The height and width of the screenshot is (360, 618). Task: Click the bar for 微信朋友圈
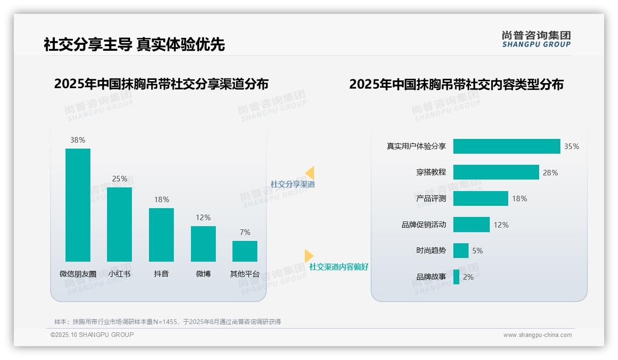(78, 205)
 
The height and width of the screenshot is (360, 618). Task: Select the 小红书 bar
(119, 224)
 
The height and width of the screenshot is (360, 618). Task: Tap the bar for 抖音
(161, 234)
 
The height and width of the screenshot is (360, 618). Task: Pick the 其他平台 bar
(245, 251)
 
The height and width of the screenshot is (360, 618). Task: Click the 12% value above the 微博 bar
(203, 217)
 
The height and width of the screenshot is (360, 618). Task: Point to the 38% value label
(78, 140)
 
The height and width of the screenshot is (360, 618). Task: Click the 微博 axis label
(203, 274)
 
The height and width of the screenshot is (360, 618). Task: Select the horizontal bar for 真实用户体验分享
(506, 146)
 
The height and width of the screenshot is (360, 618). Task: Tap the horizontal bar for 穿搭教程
(496, 172)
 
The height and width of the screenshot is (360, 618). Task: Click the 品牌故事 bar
(456, 277)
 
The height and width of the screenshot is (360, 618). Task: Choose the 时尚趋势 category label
(431, 251)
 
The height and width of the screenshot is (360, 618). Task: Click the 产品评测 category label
(431, 198)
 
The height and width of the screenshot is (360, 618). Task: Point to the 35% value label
(571, 146)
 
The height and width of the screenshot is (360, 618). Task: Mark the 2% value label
(468, 277)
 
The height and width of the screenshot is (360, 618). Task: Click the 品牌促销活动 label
(423, 225)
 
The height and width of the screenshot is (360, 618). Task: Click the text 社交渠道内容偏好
(339, 267)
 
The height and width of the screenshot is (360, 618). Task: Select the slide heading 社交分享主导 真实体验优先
(134, 44)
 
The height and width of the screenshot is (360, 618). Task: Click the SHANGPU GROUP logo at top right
(536, 39)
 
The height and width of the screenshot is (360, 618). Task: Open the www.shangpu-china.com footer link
(537, 335)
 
